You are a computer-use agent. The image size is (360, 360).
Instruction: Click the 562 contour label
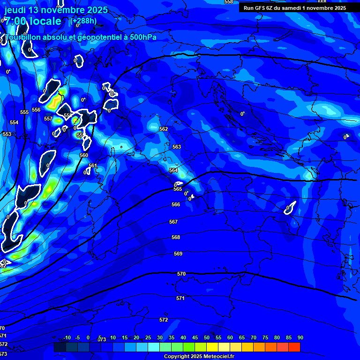[164, 129]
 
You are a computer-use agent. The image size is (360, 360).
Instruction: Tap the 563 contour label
[177, 147]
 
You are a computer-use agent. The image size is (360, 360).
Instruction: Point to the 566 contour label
[176, 204]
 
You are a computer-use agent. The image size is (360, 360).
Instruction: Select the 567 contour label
[173, 222]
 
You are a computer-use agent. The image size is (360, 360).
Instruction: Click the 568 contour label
[176, 237]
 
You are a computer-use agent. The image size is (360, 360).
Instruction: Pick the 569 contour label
[178, 254]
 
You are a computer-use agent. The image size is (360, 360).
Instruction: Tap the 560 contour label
[84, 155]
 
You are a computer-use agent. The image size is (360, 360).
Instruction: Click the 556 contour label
[36, 110]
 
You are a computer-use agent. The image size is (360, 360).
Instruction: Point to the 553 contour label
[7, 134]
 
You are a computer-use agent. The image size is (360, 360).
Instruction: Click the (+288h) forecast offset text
[83, 21]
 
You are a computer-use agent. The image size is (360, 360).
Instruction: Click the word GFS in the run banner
[261, 8]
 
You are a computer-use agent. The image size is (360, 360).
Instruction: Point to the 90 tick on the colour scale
[300, 338]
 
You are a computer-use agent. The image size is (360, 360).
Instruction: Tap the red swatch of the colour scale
[294, 347]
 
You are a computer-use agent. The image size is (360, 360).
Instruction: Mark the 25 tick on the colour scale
[148, 338]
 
